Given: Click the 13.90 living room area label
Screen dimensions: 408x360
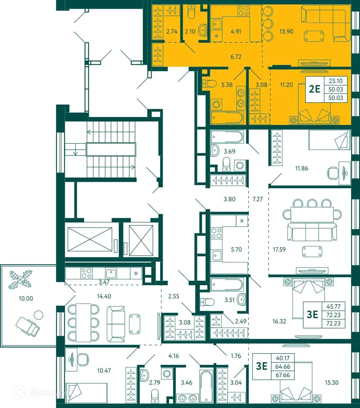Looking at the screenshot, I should (x=286, y=32).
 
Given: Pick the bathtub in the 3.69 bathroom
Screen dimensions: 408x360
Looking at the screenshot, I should (x=227, y=137).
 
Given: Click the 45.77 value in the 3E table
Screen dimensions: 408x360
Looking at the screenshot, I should (x=335, y=307).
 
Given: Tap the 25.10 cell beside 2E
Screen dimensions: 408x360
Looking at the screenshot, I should (x=335, y=81).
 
